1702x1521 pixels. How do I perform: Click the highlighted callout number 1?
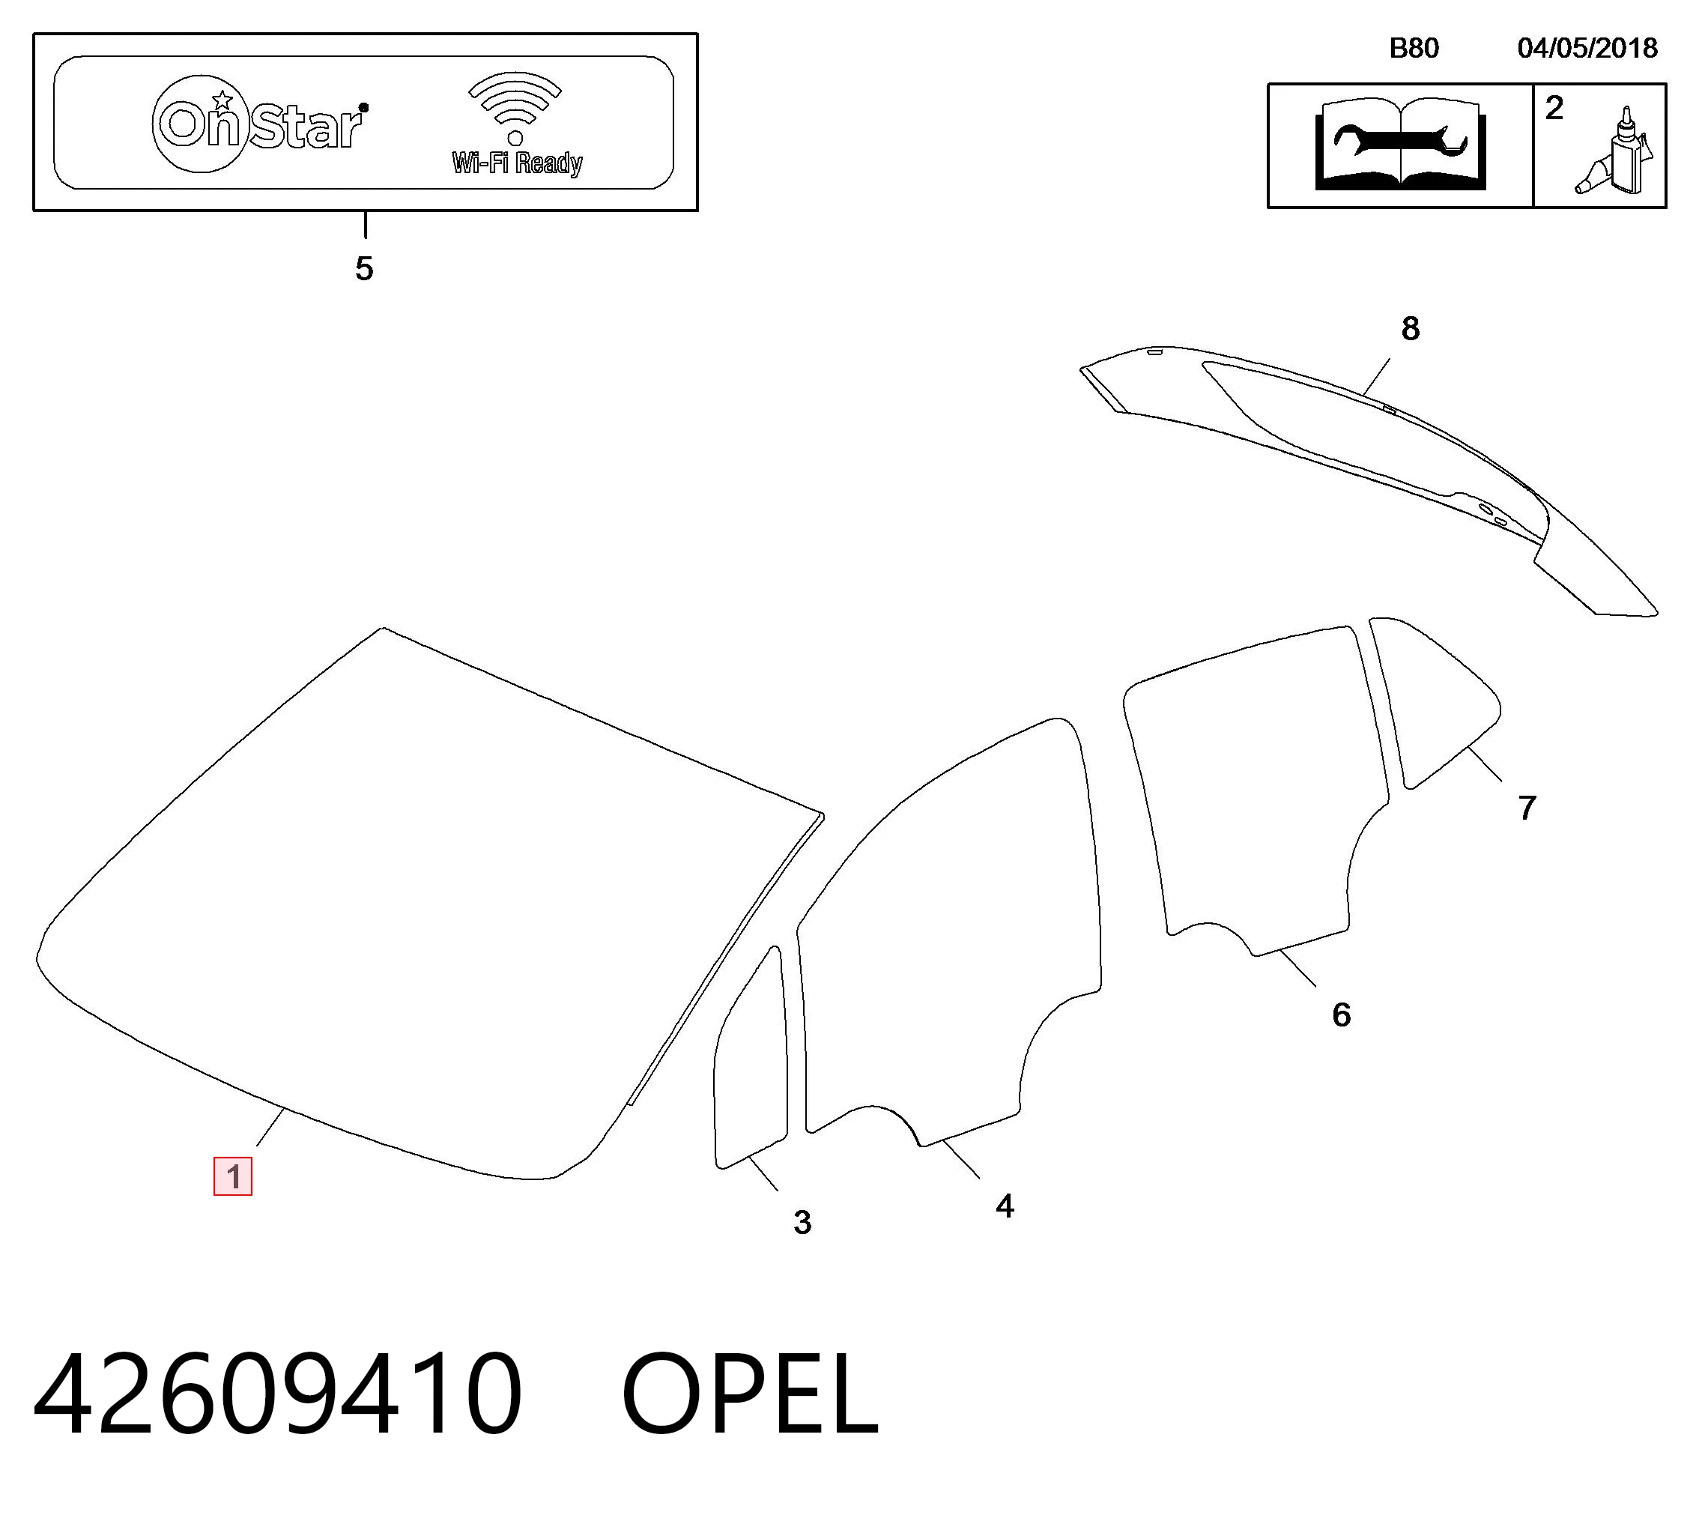pos(232,1176)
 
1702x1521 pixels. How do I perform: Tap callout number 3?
pos(802,1223)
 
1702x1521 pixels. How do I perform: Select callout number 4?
pos(1005,1206)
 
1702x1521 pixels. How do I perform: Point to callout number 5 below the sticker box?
pos(363,268)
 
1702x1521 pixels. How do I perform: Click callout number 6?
pos(1341,1014)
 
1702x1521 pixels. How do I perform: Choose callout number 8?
pos(1411,328)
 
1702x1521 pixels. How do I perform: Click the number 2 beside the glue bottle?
pos(1554,108)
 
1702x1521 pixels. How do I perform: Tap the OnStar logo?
pos(260,124)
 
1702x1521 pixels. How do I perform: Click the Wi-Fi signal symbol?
pos(515,107)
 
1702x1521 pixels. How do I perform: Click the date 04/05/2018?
pos(1587,48)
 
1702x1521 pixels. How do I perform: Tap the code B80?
pos(1414,48)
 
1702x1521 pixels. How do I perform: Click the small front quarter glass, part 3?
pos(751,1058)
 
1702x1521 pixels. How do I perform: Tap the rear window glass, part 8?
pos(1370,468)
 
